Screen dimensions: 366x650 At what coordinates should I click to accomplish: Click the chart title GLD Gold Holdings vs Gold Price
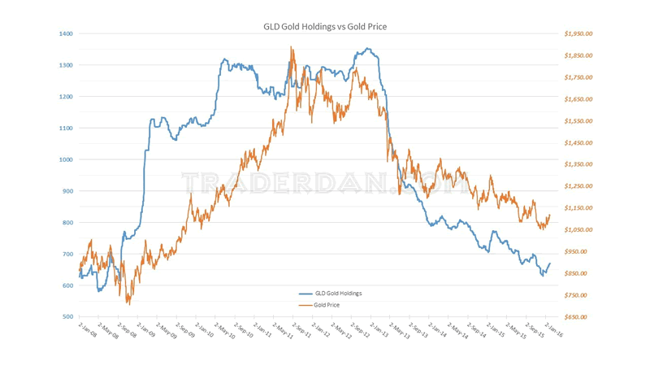coord(325,27)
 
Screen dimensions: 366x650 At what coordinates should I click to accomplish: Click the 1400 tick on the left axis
coord(66,33)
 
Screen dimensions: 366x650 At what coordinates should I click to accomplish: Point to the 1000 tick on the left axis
coord(66,159)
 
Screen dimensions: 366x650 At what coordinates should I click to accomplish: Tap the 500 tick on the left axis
coord(67,316)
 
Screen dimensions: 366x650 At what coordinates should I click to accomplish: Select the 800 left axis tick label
coord(67,222)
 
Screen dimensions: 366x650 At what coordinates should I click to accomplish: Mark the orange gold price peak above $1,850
coord(292,47)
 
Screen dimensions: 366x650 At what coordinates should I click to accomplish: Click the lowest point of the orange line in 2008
coord(128,303)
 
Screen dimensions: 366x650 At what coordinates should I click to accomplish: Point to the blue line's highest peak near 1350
coord(368,49)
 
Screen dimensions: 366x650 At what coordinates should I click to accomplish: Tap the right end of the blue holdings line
coord(550,264)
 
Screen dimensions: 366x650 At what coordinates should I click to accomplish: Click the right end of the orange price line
coord(550,215)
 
